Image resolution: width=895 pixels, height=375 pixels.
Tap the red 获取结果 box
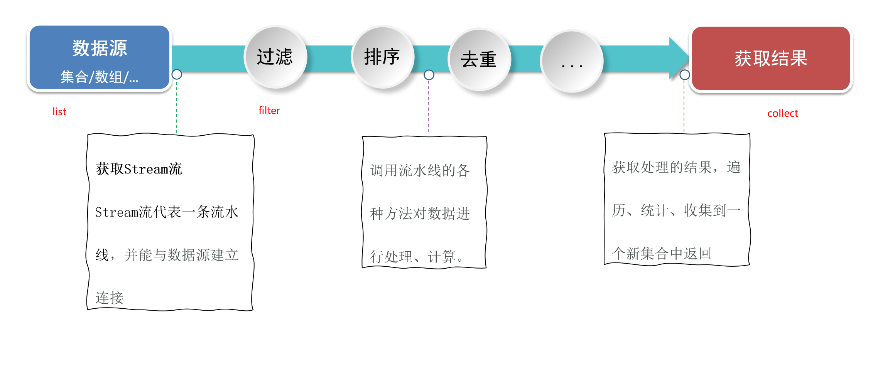click(771, 59)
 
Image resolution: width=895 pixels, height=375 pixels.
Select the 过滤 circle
click(275, 57)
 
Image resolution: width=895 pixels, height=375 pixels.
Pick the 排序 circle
click(382, 57)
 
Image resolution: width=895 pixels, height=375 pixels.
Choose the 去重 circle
click(479, 59)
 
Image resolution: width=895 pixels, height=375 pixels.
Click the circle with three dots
click(572, 62)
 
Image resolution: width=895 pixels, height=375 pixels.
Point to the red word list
click(59, 112)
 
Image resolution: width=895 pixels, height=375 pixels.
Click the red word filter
click(269, 111)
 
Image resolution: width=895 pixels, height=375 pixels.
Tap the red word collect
click(782, 113)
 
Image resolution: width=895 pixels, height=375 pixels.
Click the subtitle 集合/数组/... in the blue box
click(100, 77)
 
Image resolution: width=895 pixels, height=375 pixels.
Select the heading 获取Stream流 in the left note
click(139, 169)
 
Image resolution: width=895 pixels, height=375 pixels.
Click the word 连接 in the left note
click(110, 298)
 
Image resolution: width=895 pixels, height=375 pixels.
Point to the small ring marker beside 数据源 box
click(177, 74)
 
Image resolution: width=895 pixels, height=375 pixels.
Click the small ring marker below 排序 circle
click(429, 75)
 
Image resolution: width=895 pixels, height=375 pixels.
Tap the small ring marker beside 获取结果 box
click(685, 75)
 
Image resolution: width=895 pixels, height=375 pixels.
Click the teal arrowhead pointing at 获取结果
click(678, 58)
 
